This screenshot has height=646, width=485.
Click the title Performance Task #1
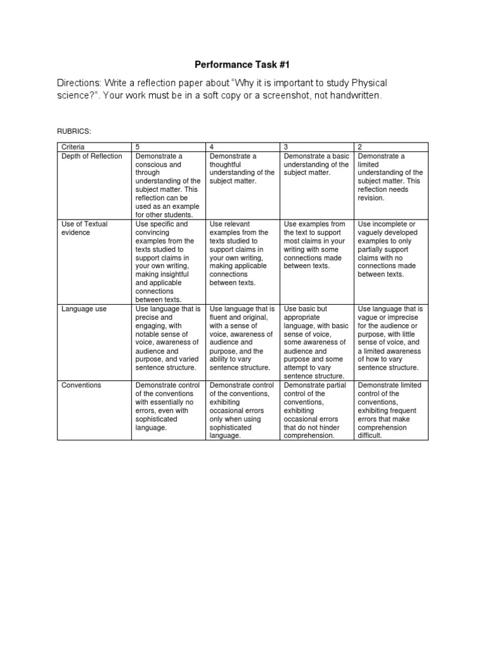coord(242,64)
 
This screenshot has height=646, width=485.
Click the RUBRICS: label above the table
coord(74,131)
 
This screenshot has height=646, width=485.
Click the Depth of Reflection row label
coord(92,156)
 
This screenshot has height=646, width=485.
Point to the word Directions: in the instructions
coord(82,83)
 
